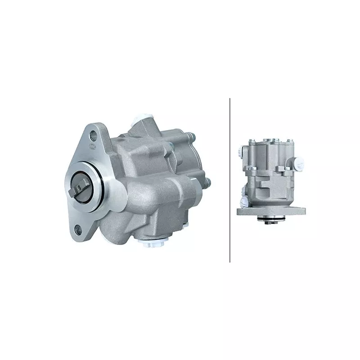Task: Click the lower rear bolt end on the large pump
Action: click(x=207, y=182)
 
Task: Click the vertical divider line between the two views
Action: click(x=230, y=180)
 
